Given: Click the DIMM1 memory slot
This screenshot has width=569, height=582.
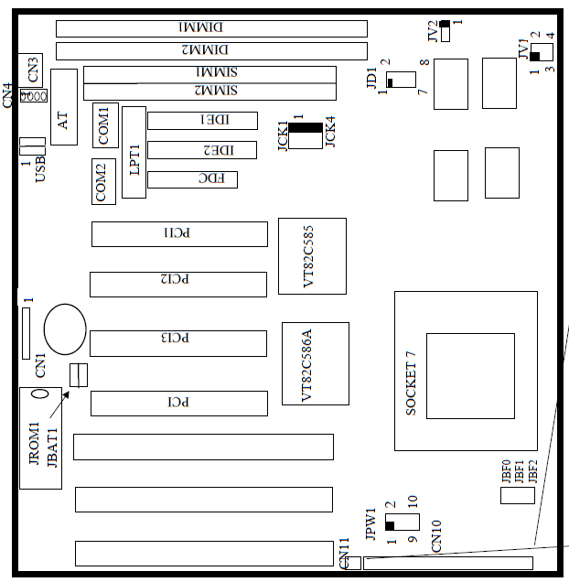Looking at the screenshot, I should (210, 28).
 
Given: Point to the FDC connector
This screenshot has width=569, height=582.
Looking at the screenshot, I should (192, 179).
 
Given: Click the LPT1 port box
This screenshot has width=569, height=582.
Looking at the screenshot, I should (134, 152).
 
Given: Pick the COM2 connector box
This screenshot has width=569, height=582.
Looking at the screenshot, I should (103, 181).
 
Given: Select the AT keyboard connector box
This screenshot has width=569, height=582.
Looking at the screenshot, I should (64, 107).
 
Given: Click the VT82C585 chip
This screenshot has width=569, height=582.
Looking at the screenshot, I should (312, 255).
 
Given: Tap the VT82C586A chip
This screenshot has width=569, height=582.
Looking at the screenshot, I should (315, 363).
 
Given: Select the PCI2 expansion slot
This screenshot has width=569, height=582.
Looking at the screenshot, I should (177, 284).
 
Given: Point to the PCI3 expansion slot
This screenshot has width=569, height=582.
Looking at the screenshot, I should (177, 343).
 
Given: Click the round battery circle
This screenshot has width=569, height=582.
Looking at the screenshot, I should (65, 329).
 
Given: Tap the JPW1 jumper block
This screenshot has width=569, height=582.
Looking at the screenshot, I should (401, 522).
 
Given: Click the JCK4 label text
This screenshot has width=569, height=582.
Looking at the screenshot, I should (330, 131).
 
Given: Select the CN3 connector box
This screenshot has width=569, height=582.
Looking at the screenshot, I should (32, 67).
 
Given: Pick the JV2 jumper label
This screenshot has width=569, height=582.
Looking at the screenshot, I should (433, 31).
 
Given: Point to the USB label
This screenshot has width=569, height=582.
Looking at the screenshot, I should (40, 169).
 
